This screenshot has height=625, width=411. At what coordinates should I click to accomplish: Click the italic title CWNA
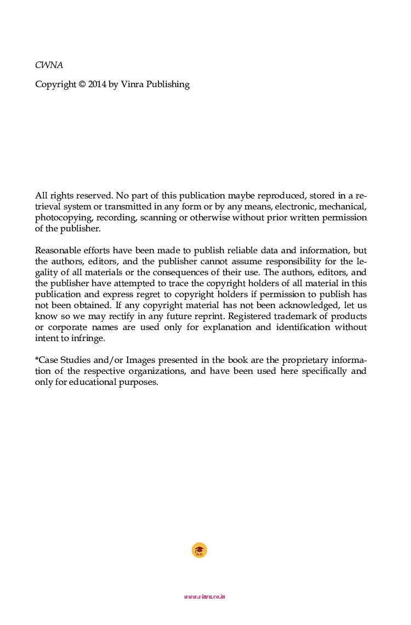coord(49,65)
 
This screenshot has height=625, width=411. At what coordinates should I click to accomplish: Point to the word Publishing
coord(168,85)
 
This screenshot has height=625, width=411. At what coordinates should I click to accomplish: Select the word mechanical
coord(342,207)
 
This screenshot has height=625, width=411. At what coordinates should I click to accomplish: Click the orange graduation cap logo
coord(199,550)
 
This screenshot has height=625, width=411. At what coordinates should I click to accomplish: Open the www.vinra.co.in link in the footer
coord(204,596)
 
